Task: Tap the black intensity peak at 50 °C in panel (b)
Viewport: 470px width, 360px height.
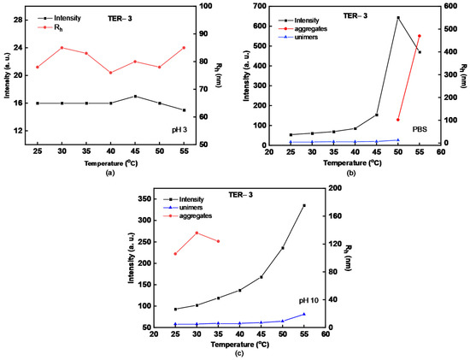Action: pos(397,17)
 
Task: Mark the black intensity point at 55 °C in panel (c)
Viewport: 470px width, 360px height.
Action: pos(304,205)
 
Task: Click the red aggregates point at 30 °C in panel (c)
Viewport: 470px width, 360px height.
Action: pos(197,233)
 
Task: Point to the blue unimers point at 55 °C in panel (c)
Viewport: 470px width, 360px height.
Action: pos(304,314)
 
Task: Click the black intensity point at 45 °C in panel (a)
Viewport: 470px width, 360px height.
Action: pos(133,97)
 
